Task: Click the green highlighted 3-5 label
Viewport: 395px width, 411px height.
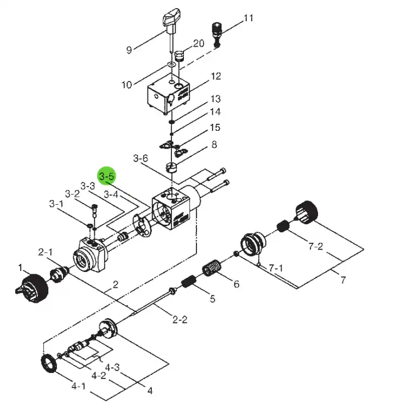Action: pos(107,176)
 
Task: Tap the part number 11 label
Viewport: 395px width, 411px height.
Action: pos(249,18)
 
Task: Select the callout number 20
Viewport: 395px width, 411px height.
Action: pos(199,43)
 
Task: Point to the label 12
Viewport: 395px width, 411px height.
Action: pos(216,76)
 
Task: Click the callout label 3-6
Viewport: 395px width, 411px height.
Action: pos(141,159)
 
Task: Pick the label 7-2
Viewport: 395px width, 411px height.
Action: pos(316,246)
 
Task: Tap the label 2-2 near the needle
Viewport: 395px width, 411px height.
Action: pos(180,320)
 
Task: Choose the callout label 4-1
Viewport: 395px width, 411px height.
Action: pos(79,386)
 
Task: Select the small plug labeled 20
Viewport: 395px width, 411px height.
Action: pos(180,55)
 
